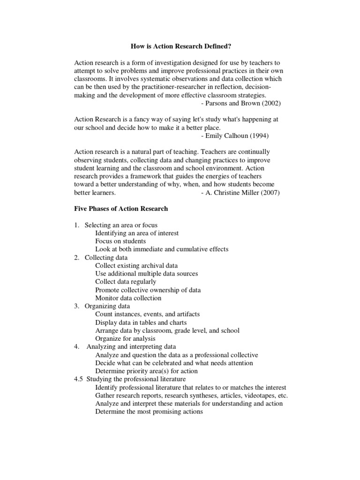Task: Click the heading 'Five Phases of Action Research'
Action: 121,209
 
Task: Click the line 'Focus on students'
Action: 120,241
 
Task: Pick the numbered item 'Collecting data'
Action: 106,257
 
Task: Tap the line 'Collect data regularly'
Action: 126,282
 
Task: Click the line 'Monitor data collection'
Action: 128,298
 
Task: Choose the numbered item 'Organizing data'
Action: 107,306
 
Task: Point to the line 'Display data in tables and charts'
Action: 141,322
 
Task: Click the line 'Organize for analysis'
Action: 125,338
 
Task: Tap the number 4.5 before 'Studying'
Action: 78,379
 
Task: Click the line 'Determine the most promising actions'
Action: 149,412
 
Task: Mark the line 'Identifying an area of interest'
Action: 137,233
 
